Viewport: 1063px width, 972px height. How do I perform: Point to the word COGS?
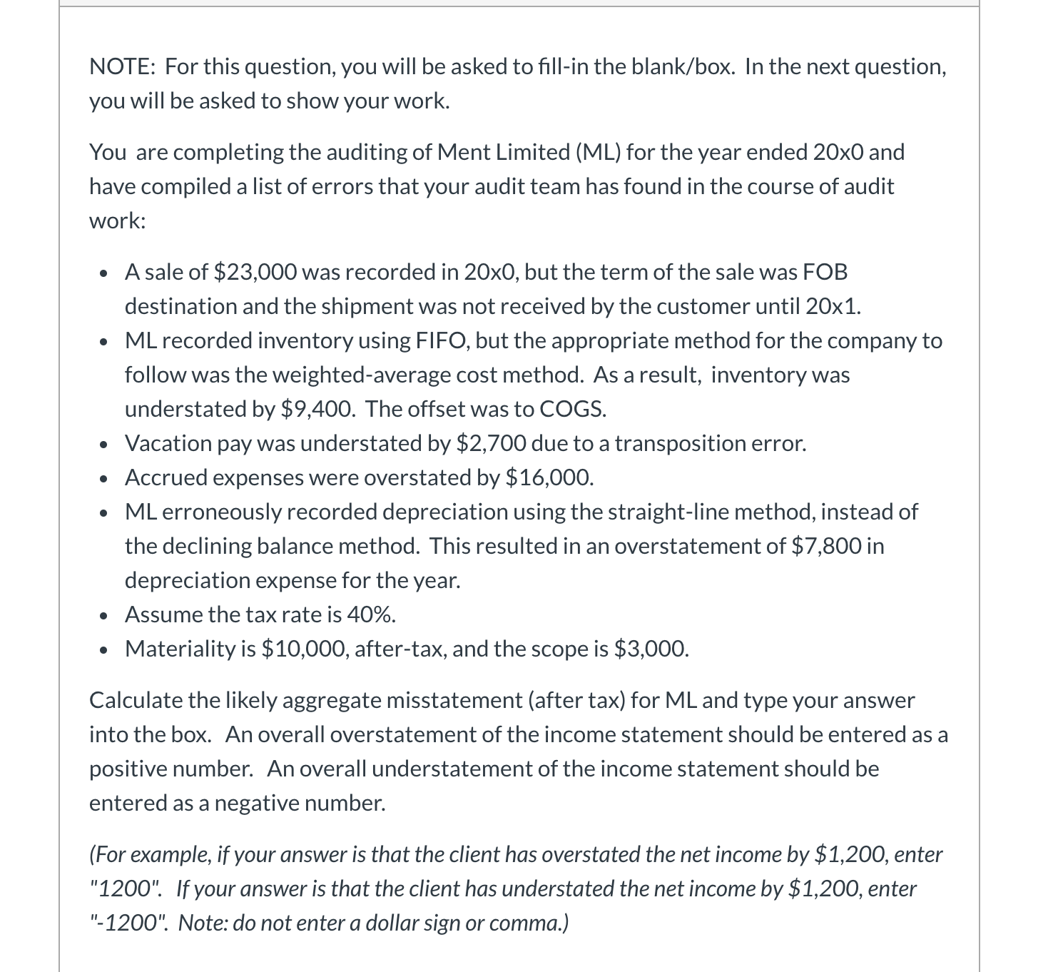click(573, 409)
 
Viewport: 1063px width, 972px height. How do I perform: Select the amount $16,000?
click(549, 477)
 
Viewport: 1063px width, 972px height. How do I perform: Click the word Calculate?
click(136, 700)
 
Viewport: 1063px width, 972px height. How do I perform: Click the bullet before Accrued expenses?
click(104, 477)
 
